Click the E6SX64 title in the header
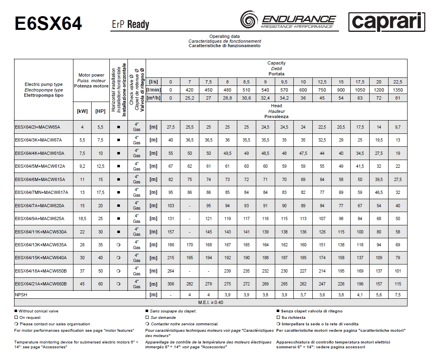coord(48,23)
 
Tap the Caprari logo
coord(387,22)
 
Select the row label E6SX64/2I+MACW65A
coord(37,127)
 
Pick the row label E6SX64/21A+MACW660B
coord(40,284)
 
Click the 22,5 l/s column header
coord(398,82)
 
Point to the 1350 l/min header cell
coord(398,90)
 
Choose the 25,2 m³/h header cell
coord(189,98)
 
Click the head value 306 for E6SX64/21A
coord(170,284)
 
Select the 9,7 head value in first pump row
coord(398,127)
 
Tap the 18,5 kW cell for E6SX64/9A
coord(82,218)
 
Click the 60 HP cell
coord(100,284)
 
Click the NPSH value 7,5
coord(398,295)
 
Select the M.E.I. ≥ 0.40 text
coord(211,302)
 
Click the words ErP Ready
coord(130,25)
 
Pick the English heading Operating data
coord(224,37)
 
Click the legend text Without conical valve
coord(38,311)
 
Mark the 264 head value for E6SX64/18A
coord(170,271)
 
